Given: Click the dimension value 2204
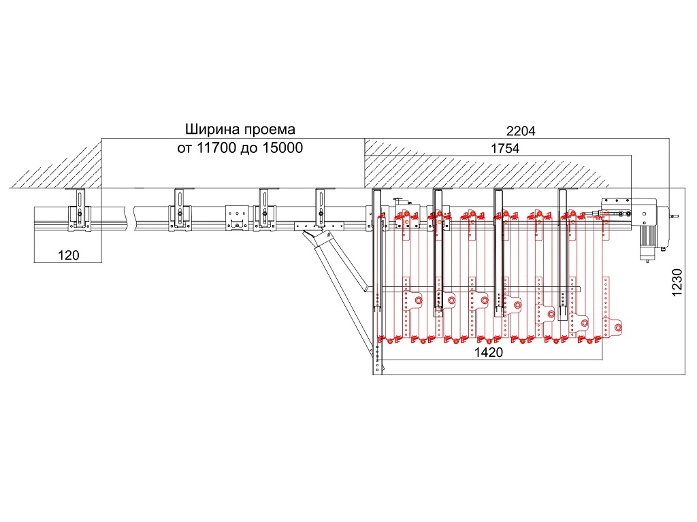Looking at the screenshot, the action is point(521,131).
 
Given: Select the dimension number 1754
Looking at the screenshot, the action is point(505,148).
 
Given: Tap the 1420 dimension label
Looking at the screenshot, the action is point(489,353).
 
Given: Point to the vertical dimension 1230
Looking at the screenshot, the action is point(677,282).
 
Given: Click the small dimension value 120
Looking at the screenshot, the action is point(69,256).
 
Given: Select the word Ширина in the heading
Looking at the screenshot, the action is point(213,130).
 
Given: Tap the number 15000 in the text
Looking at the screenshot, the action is point(282,147).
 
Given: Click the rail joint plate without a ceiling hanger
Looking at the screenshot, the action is point(237,217).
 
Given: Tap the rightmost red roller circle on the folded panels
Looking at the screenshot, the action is point(617,328).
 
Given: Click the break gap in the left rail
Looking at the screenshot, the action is point(129,217).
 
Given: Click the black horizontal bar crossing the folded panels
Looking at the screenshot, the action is point(473,290).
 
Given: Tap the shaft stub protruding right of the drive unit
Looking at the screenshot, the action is point(674,217).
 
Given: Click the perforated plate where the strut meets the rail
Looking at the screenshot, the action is point(319,226).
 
